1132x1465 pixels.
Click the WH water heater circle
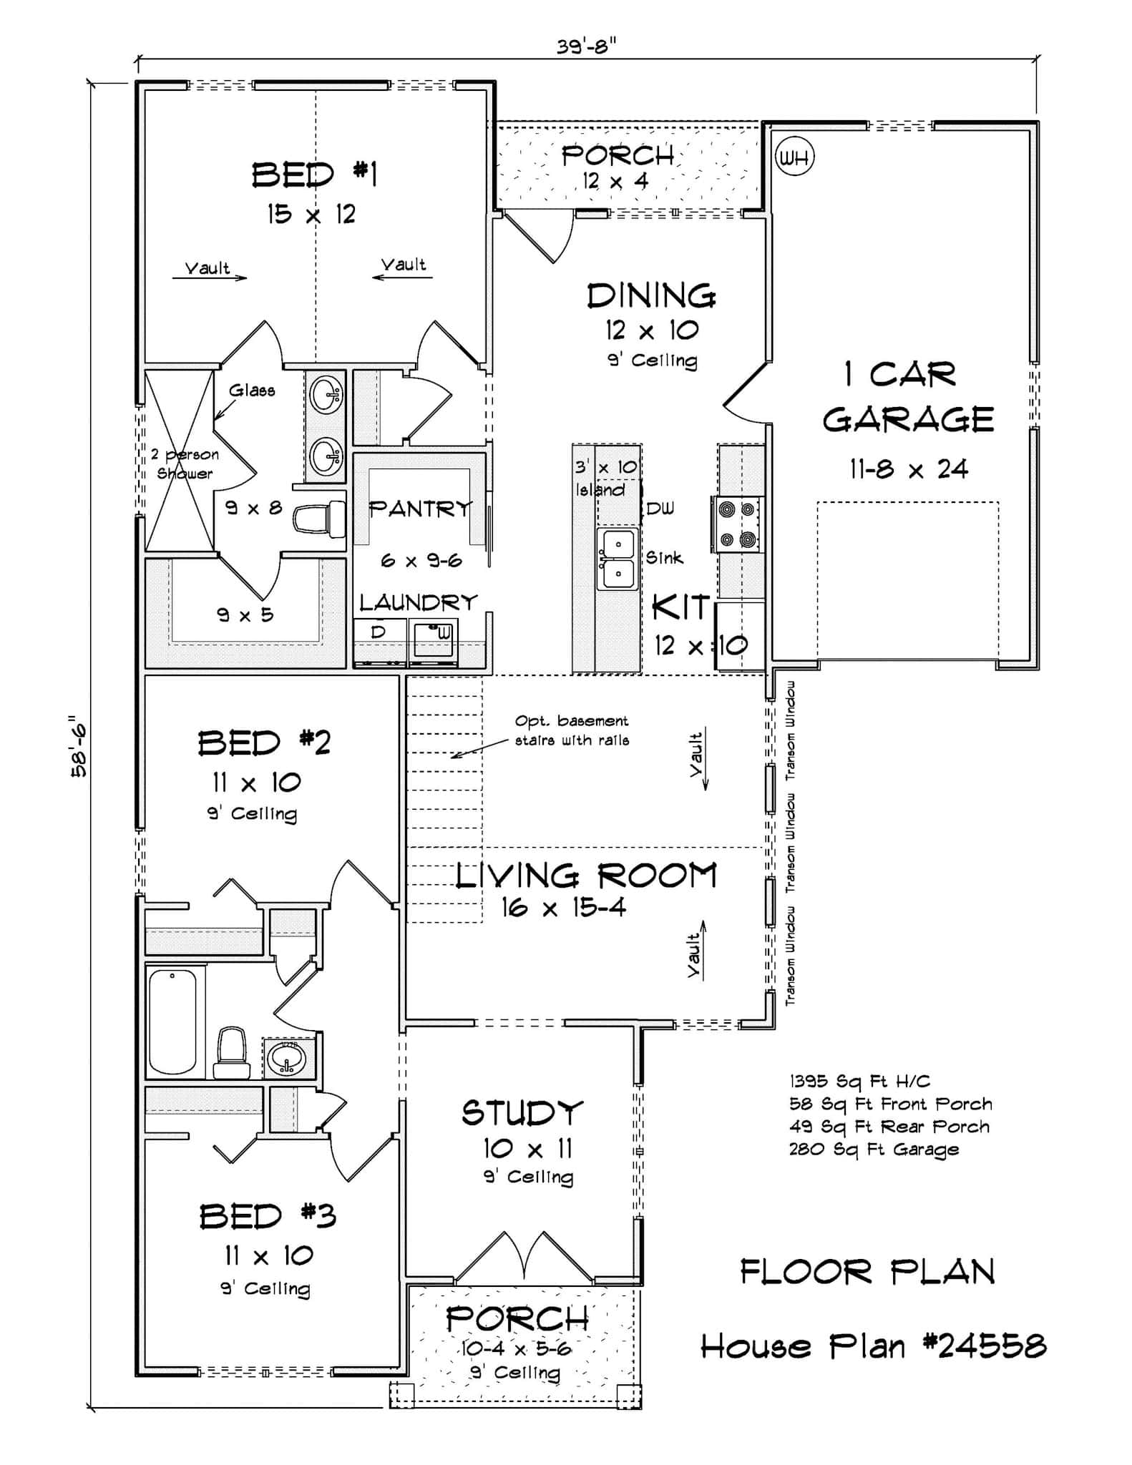794,156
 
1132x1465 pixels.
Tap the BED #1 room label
314,175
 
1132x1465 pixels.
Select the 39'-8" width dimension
586,46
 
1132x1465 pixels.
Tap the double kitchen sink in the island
616,559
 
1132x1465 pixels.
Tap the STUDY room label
522,1113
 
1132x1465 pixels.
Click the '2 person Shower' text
185,464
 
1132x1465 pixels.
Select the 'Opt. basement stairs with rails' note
572,730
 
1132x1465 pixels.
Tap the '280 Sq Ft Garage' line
874,1150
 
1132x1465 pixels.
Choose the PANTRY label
420,509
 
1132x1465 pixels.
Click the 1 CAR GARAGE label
907,397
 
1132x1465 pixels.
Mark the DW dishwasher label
660,509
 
